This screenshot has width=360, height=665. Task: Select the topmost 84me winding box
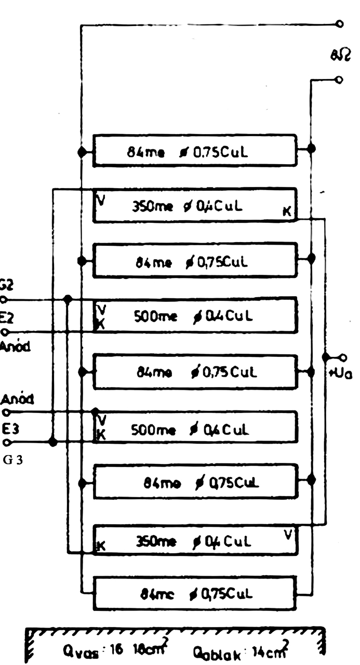194,151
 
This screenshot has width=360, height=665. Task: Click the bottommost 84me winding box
194,593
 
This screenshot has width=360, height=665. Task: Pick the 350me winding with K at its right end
194,205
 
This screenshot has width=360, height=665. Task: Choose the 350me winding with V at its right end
194,541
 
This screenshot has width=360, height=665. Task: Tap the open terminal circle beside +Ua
342,357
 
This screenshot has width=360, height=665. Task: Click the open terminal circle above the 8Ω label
339,24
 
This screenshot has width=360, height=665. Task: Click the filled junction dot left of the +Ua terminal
325,357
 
